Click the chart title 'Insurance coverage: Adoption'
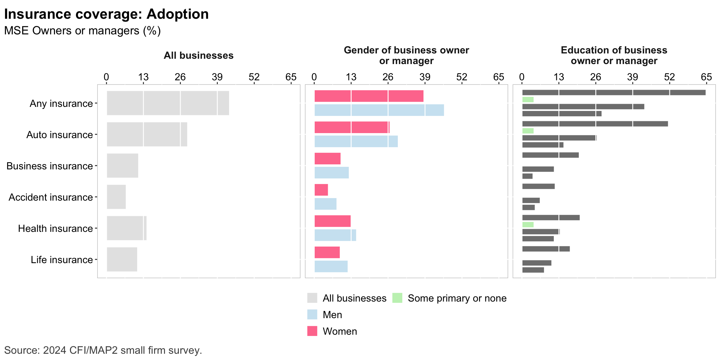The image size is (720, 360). [x=106, y=14]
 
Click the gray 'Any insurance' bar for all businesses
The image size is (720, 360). [x=168, y=103]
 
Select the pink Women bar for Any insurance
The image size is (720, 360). [x=369, y=96]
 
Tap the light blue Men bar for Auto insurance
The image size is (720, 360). [x=356, y=142]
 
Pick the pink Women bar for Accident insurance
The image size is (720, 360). [x=321, y=190]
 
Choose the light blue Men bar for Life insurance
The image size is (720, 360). [x=331, y=267]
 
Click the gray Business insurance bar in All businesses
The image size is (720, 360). [x=122, y=166]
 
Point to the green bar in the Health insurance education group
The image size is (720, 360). [x=528, y=225]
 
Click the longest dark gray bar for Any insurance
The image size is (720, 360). [x=614, y=92]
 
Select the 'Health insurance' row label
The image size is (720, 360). [x=55, y=228]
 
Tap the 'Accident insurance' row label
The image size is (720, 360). [x=51, y=197]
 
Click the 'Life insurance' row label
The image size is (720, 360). [x=62, y=260]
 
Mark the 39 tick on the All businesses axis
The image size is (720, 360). [x=217, y=77]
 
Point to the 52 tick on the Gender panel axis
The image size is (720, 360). [x=462, y=77]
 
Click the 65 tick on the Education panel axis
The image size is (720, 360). [x=706, y=77]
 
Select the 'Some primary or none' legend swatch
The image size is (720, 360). [x=397, y=298]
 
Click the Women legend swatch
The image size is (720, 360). [x=312, y=331]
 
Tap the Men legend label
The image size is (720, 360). [x=332, y=315]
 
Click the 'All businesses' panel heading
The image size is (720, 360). [x=198, y=56]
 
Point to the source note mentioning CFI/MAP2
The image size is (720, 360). [x=103, y=350]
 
